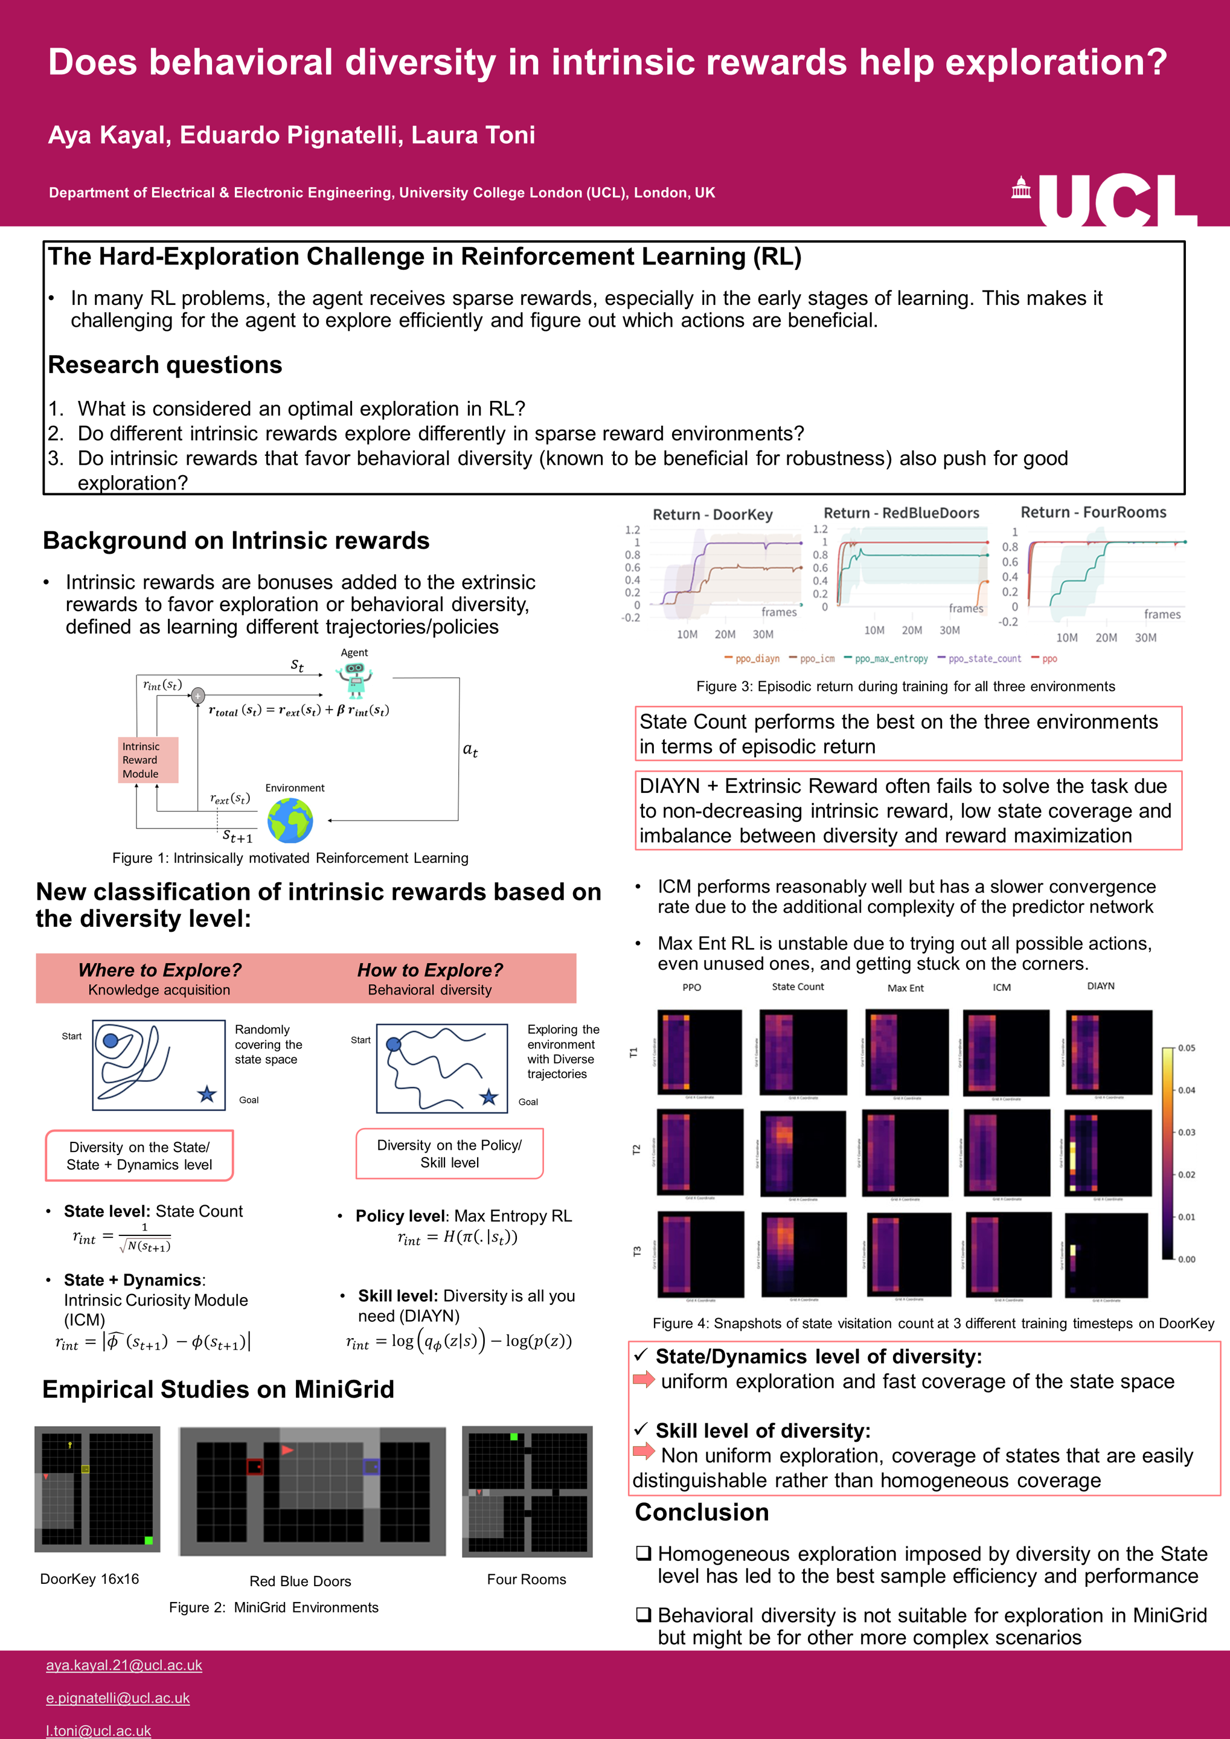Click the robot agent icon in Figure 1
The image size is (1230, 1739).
pos(354,679)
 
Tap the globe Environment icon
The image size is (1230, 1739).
pos(290,820)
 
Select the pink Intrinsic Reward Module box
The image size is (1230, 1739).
pos(149,760)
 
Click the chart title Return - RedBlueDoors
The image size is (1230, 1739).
pos(902,513)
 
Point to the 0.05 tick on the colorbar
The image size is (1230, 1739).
pos(1185,1048)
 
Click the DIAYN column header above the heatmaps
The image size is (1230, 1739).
pos(1101,986)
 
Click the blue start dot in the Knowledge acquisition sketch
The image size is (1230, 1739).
pos(111,1040)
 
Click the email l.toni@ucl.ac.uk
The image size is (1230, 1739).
pos(98,1731)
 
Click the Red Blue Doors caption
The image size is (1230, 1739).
pos(300,1581)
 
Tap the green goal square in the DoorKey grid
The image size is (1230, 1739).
pos(149,1540)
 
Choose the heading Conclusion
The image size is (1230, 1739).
pos(701,1512)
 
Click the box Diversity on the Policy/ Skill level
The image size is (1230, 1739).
pos(449,1153)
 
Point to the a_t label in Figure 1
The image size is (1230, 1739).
pos(470,750)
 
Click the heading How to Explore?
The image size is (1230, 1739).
pos(429,970)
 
